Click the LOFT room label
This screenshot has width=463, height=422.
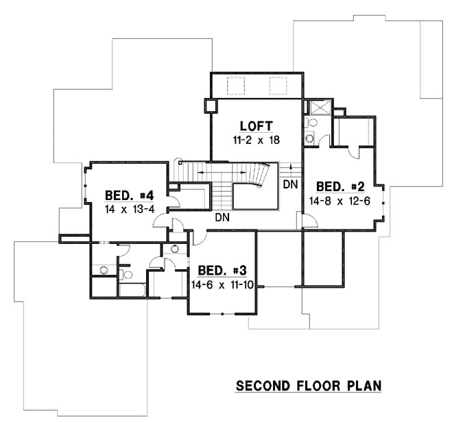(x=257, y=126)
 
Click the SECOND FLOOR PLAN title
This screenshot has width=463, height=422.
(x=309, y=386)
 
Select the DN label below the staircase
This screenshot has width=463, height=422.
(x=222, y=217)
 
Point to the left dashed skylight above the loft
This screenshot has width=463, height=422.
(x=236, y=86)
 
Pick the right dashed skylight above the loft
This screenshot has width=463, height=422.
(x=277, y=86)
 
